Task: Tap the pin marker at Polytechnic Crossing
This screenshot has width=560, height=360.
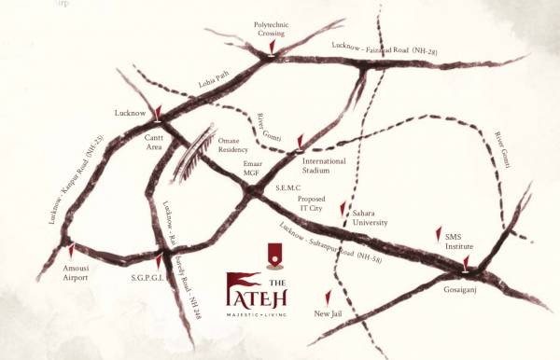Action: click(271, 46)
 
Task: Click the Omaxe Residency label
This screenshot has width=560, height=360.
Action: click(239, 143)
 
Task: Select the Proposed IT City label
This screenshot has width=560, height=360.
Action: click(312, 204)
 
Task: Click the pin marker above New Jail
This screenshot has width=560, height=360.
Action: click(326, 295)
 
